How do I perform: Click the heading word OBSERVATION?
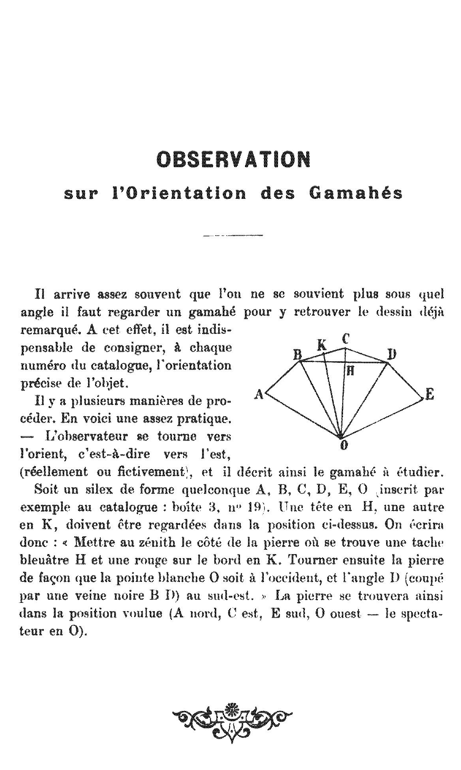click(x=233, y=159)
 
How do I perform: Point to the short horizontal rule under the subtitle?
click(x=233, y=236)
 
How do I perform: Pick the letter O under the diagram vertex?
click(x=344, y=445)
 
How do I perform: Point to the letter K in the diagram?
click(x=322, y=345)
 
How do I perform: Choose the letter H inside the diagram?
click(x=350, y=370)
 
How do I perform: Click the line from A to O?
click(x=303, y=416)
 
